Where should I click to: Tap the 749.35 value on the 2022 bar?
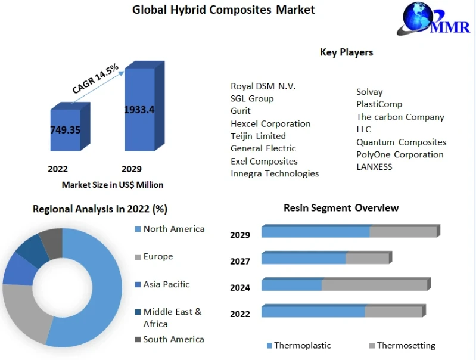[65, 130]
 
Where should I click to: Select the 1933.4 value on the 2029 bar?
[139, 110]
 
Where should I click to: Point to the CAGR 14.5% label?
[95, 79]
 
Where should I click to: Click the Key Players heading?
[346, 52]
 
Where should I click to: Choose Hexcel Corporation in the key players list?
[270, 123]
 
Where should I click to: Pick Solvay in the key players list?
[369, 92]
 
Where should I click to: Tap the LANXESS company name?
[374, 167]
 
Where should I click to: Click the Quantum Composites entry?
[401, 142]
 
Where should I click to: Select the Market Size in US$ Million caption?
[113, 185]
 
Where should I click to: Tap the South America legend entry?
[173, 339]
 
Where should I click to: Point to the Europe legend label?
[158, 256]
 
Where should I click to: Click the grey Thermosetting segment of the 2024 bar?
[374, 285]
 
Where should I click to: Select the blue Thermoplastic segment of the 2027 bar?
[304, 258]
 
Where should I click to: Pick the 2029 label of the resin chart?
[240, 235]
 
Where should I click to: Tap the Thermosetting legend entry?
[406, 345]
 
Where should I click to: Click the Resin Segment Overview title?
[341, 208]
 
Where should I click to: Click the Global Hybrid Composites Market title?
[223, 10]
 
